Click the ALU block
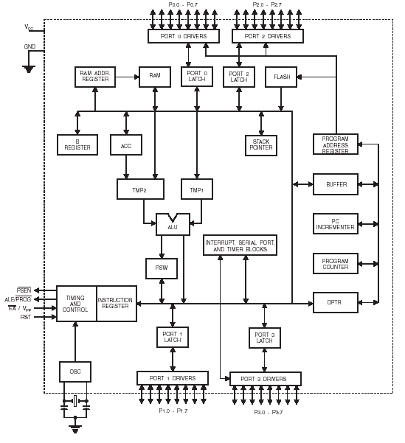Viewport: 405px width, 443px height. (173, 225)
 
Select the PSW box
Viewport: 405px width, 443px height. (162, 268)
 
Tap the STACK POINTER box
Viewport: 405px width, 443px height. (261, 145)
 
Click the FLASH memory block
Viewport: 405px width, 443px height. (281, 77)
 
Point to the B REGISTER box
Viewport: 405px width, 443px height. (77, 144)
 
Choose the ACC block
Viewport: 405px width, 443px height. (126, 144)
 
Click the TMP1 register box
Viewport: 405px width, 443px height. (197, 189)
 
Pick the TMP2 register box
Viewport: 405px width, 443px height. (141, 189)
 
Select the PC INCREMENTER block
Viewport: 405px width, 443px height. (336, 224)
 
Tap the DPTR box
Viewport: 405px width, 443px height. (336, 303)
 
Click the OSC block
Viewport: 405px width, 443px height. (75, 372)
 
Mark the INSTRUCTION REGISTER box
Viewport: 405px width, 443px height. (117, 304)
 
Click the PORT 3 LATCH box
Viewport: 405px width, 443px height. (264, 338)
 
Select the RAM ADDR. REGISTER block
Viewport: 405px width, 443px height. (95, 77)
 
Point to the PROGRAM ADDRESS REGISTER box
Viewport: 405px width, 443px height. (336, 144)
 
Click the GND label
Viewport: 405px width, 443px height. (30, 46)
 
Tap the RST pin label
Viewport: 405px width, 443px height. (26, 317)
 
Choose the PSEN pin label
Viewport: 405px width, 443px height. (24, 290)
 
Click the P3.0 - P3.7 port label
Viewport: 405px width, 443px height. (268, 412)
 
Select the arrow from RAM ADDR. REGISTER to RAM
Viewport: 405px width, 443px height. (128, 77)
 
